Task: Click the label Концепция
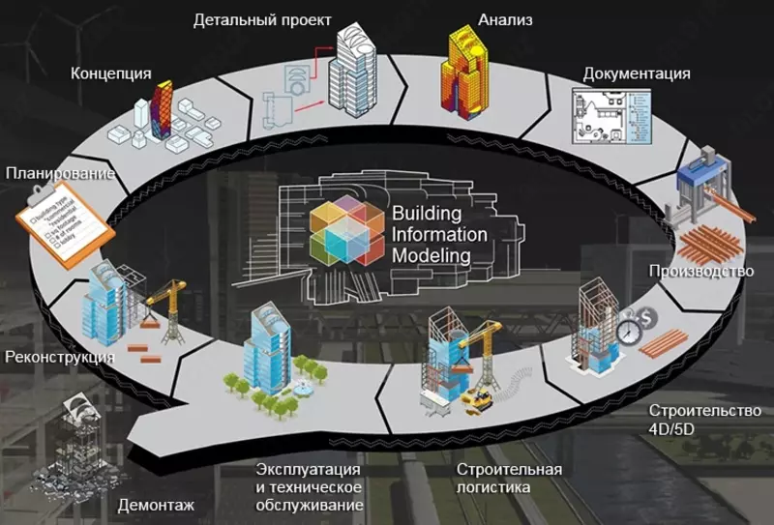111,73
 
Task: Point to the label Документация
637,73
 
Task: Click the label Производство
701,271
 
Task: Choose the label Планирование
60,174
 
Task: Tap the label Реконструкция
60,357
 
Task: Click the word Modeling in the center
432,255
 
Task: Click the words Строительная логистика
509,479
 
